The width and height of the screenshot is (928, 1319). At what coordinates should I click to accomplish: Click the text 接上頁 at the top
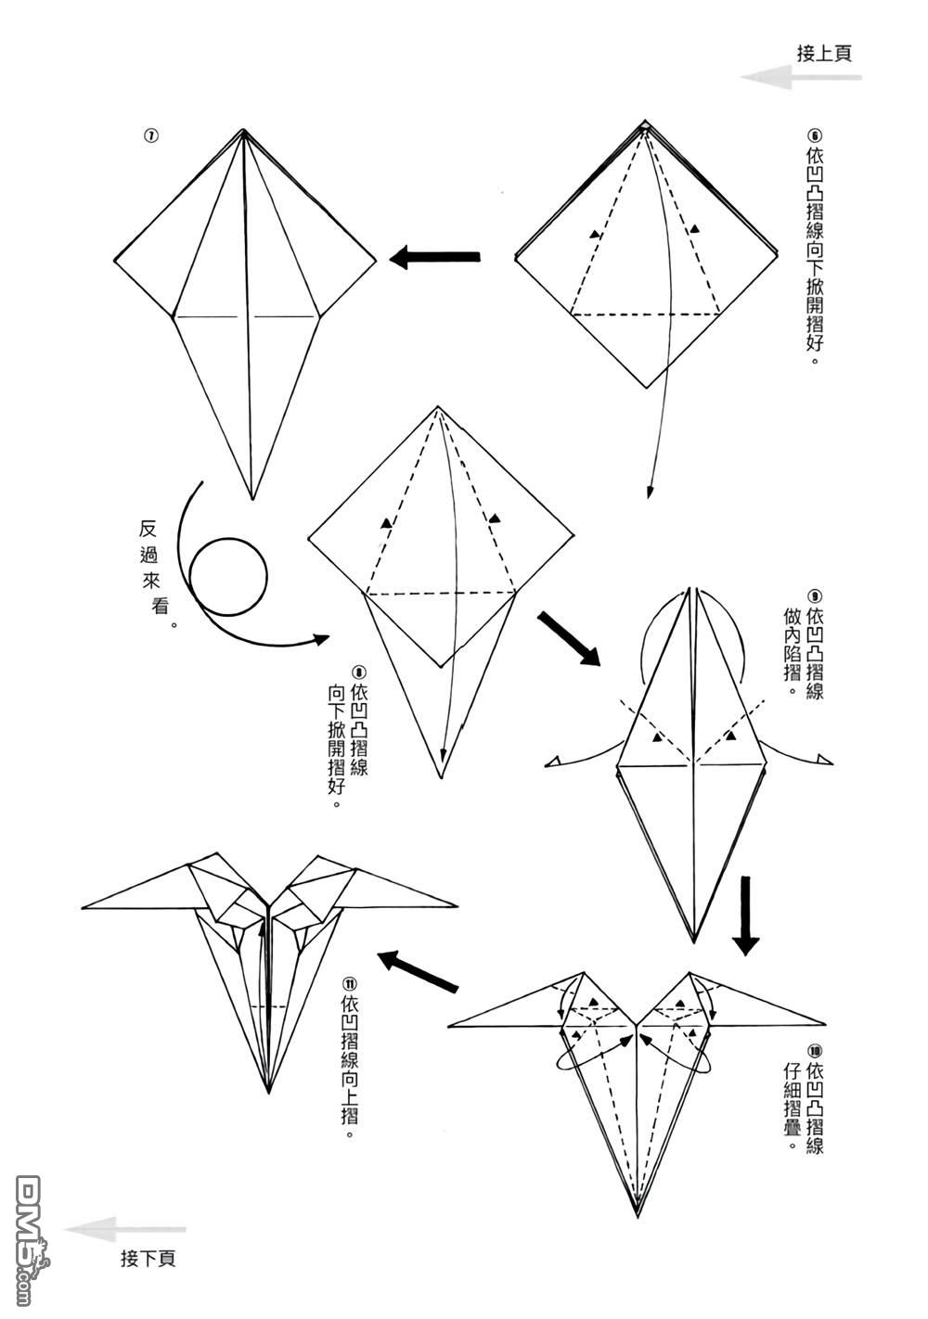[x=824, y=53]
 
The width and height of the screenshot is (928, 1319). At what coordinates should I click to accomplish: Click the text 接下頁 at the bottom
[x=148, y=1259]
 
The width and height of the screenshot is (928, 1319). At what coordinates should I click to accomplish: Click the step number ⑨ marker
[x=815, y=596]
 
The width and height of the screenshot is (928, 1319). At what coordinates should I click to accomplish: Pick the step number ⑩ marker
[x=815, y=1052]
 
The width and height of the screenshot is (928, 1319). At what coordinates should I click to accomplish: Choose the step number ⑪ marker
[x=350, y=983]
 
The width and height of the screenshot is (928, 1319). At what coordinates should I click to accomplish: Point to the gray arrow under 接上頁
[x=799, y=78]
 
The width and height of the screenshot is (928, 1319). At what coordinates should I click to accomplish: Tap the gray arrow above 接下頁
[x=124, y=1229]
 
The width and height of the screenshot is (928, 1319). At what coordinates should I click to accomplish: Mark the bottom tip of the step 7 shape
[x=251, y=498]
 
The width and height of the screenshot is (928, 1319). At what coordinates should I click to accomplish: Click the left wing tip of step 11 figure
[x=84, y=905]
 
